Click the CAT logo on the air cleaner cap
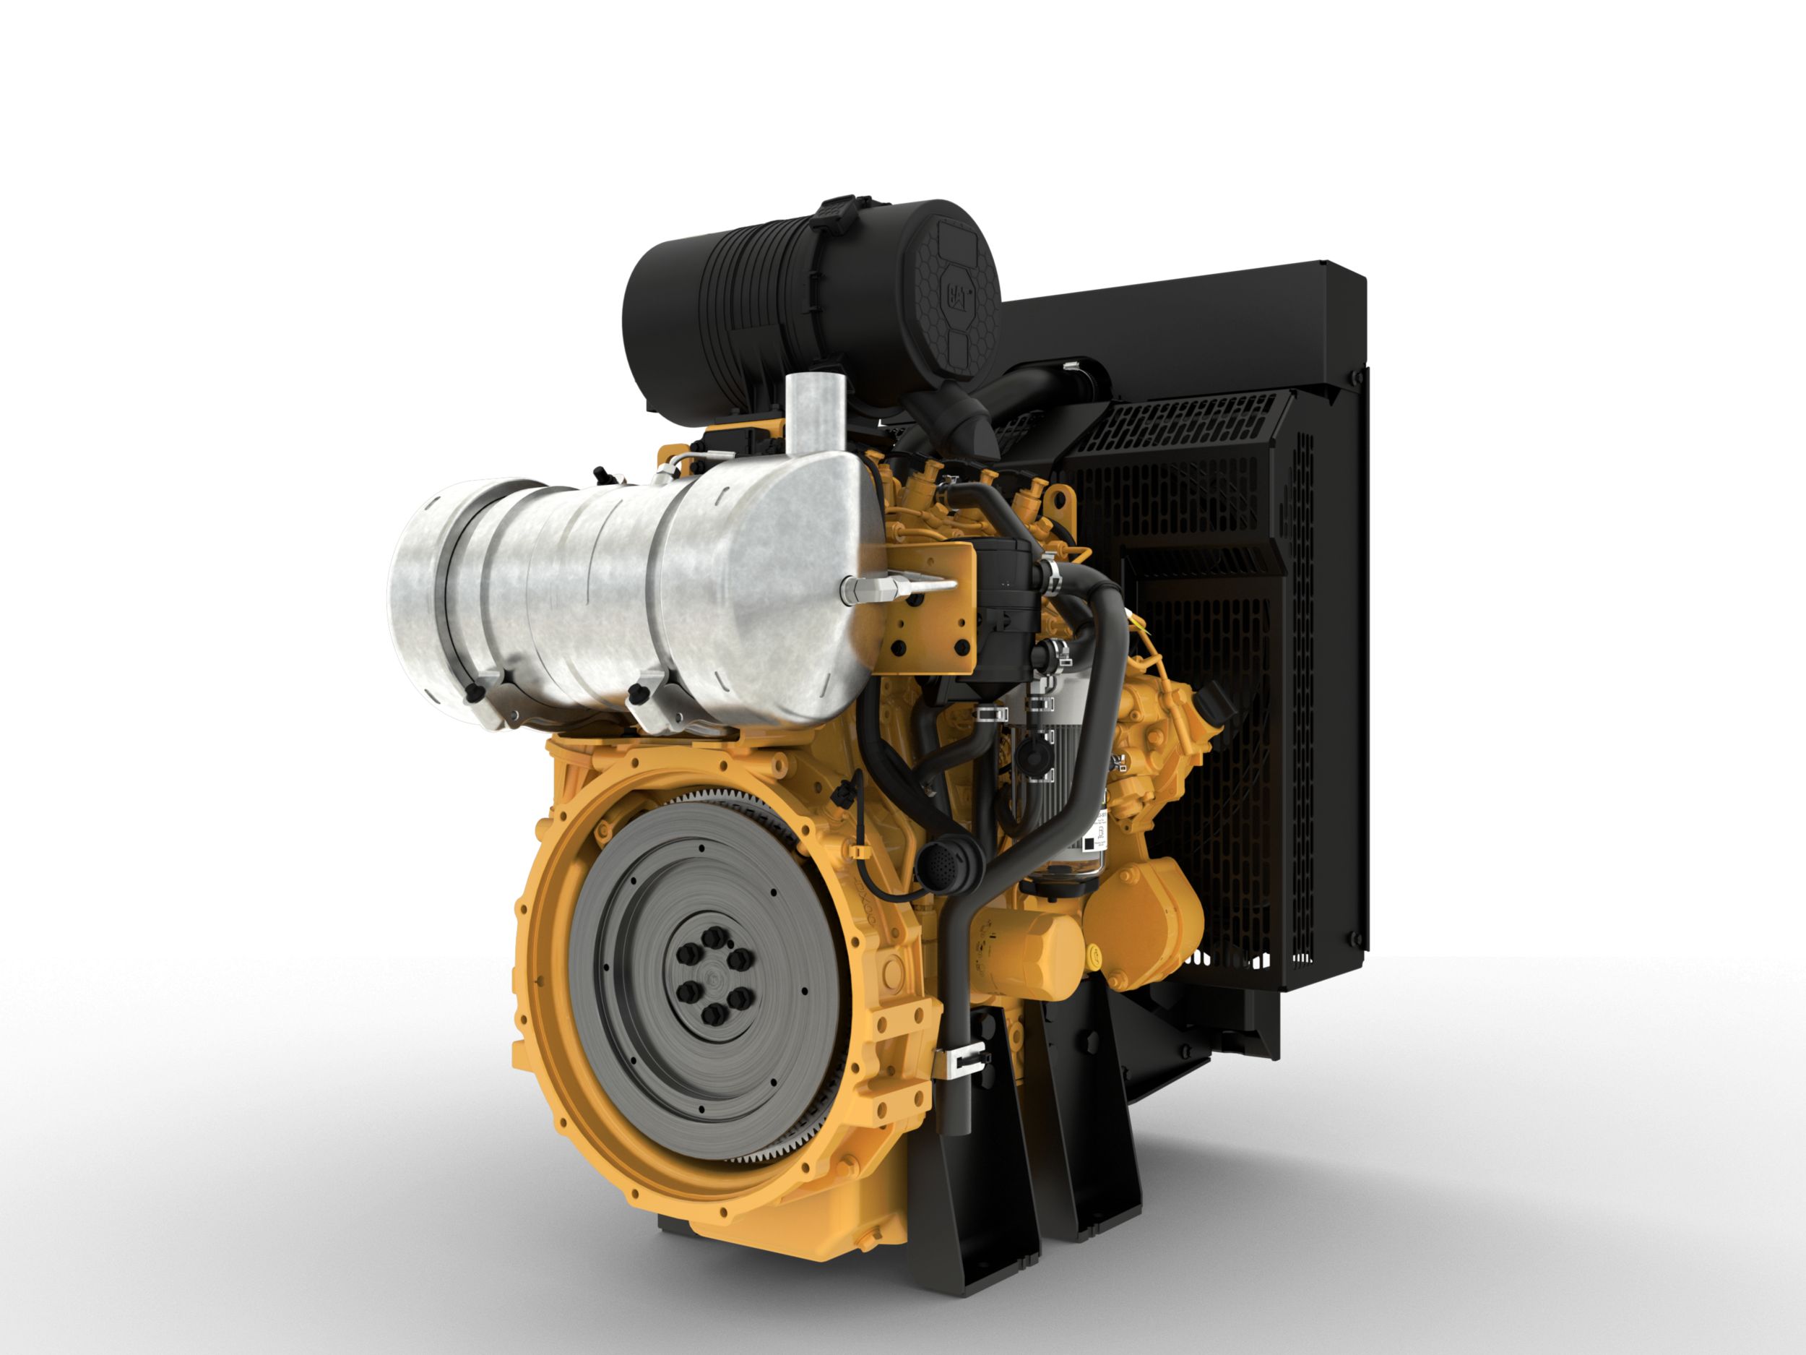point(958,295)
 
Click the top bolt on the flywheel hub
point(714,935)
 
